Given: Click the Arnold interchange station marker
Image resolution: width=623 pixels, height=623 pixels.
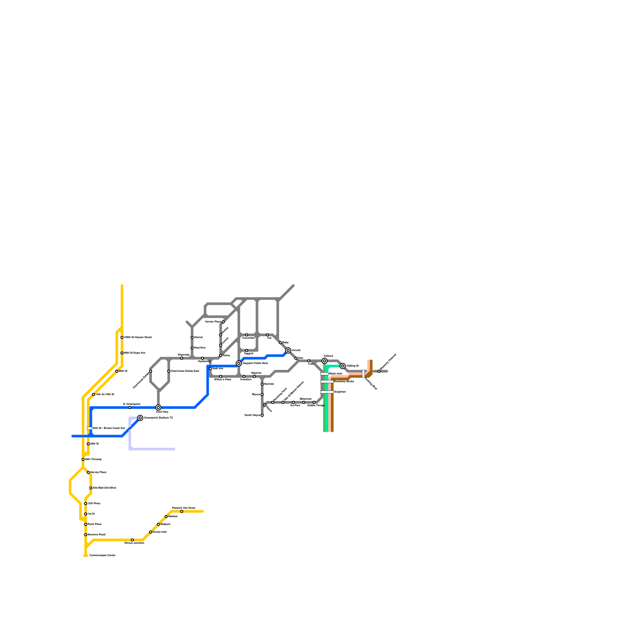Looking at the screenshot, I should (x=288, y=350).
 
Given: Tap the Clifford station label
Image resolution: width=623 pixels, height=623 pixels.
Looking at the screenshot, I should (x=328, y=356).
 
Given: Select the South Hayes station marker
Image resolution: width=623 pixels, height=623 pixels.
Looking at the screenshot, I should (x=262, y=415).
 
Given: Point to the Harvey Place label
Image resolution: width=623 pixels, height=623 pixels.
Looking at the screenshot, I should (x=98, y=472).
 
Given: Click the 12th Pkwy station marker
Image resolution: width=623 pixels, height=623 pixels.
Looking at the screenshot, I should (x=86, y=503).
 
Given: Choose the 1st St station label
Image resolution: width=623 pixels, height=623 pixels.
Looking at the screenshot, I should (x=91, y=514).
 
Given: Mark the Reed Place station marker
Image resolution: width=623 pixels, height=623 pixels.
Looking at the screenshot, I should (x=86, y=524).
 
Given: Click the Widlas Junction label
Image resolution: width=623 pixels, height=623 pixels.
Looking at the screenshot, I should (x=134, y=543).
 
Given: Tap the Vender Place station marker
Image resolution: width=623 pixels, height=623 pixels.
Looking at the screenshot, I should (x=223, y=322).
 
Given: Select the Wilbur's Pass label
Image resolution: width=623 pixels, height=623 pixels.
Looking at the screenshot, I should (x=223, y=379).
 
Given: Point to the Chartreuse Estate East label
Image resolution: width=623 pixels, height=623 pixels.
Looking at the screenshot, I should (x=185, y=371).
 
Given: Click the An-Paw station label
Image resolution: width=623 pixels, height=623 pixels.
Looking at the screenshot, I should (x=295, y=405).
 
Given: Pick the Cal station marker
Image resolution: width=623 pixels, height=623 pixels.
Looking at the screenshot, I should (x=268, y=335).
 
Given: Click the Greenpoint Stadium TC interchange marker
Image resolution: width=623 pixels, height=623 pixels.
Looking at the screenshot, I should (x=140, y=418).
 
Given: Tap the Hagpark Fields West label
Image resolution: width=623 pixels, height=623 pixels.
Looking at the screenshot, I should (x=255, y=363).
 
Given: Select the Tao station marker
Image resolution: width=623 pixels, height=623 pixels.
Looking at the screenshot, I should (x=296, y=358).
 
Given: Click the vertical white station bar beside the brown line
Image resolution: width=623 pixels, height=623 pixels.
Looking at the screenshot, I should (x=363, y=374).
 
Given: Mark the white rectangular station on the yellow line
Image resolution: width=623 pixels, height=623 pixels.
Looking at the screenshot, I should (x=89, y=428).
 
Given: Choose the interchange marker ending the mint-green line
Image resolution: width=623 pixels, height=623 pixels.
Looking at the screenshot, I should (x=343, y=366).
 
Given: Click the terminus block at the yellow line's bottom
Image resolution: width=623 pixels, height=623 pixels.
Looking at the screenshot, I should (x=86, y=556).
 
